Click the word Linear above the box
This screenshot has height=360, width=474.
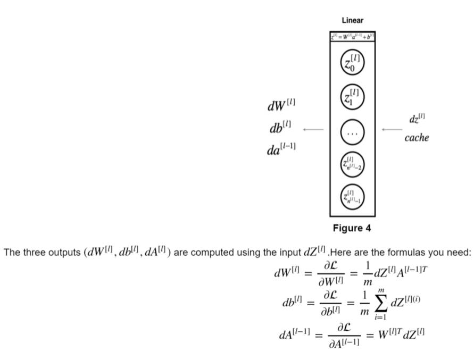pyautogui.click(x=352, y=20)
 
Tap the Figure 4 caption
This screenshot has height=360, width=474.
pyautogui.click(x=352, y=228)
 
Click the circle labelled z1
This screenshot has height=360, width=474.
pyautogui.click(x=352, y=96)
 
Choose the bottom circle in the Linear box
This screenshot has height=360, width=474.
pyautogui.click(x=352, y=196)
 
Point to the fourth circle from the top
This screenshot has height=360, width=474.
pyautogui.click(x=352, y=163)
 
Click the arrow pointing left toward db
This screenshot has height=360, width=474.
pyautogui.click(x=313, y=129)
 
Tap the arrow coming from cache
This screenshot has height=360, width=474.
pyautogui.click(x=392, y=129)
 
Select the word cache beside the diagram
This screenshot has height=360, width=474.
pyautogui.click(x=417, y=138)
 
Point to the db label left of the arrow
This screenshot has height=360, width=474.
pyautogui.click(x=281, y=128)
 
